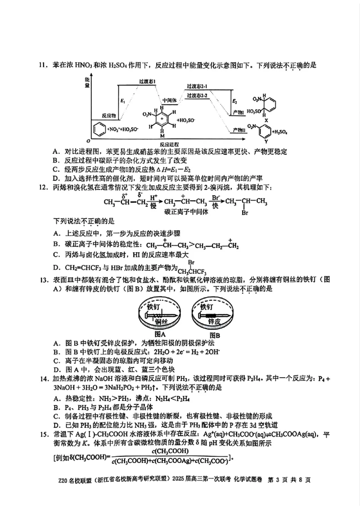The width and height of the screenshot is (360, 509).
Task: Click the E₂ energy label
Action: click(x=234, y=102)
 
